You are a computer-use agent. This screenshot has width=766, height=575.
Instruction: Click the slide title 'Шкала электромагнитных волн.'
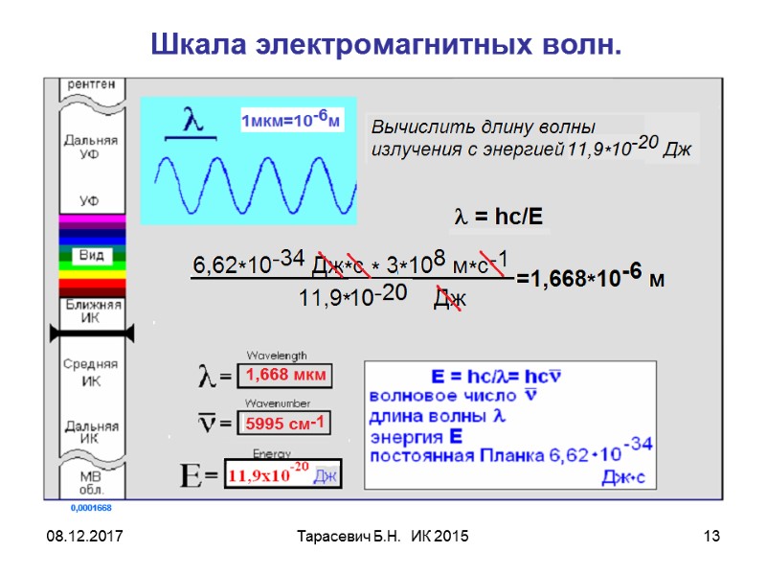[386, 44]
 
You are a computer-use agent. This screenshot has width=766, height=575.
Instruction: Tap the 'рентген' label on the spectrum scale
[91, 84]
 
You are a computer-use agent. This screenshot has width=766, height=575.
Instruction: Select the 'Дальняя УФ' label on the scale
[91, 146]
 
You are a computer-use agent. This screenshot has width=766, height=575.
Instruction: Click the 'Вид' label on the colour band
[91, 256]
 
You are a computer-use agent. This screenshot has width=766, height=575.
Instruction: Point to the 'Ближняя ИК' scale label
[91, 310]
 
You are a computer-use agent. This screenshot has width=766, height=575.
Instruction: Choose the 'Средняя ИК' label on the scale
[91, 372]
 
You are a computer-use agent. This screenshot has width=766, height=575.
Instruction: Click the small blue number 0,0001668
[91, 507]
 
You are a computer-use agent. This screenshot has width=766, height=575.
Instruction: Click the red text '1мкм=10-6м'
[291, 121]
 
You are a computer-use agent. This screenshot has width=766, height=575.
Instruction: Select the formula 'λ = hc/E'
[497, 218]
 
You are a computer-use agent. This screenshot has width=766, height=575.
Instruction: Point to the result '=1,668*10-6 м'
[590, 279]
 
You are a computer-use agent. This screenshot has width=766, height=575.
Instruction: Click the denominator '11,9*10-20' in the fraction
[353, 298]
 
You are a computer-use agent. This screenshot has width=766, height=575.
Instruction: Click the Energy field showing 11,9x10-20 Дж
[282, 474]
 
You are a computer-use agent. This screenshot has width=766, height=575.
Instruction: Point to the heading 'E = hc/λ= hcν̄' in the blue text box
[497, 375]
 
